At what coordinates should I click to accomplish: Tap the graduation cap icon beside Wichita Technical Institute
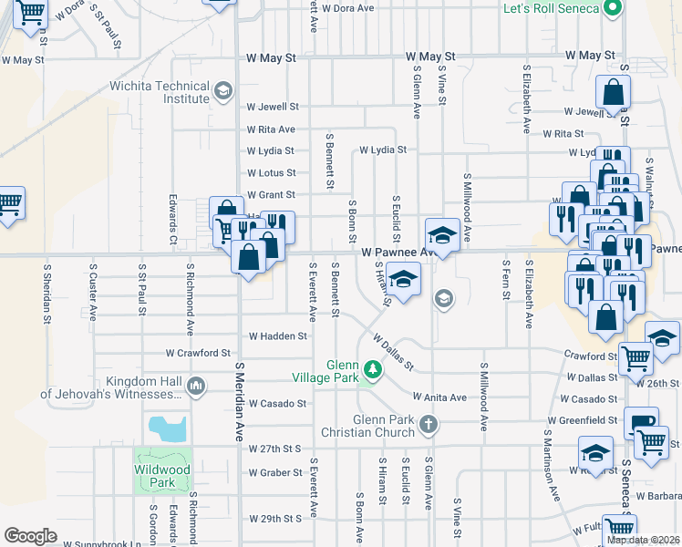[x=222, y=91]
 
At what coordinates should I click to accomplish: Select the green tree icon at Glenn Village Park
[x=372, y=368]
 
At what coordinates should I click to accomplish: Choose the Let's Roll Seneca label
[x=551, y=8]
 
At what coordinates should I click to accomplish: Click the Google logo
[x=30, y=536]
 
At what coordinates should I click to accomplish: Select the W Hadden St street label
[x=278, y=335]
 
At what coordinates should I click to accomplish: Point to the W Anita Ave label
[x=439, y=397]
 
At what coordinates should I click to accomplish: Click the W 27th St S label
[x=274, y=449]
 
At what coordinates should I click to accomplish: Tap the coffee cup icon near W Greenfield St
[x=640, y=423]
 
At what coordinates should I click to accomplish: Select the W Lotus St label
[x=271, y=173]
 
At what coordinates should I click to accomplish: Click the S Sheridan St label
[x=47, y=295]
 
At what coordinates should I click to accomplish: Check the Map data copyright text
[x=644, y=540]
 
